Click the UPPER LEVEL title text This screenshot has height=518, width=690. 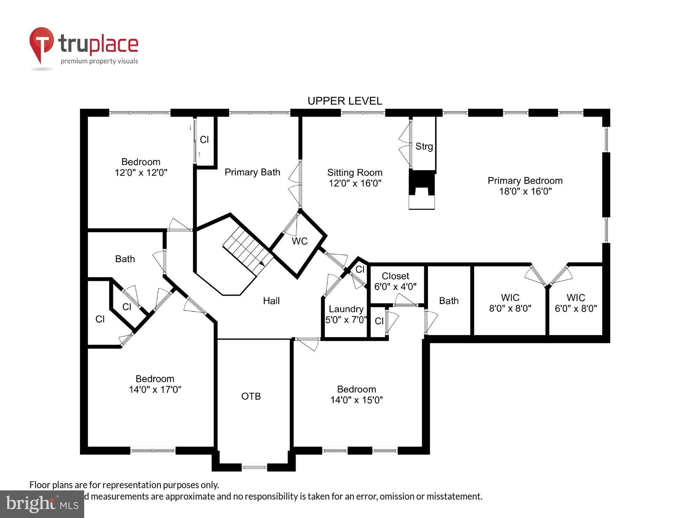(x=345, y=101)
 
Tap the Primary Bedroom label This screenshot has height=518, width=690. (x=525, y=181)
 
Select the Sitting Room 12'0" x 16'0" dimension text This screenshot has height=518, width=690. (x=355, y=183)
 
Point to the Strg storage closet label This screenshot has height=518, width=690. (x=424, y=146)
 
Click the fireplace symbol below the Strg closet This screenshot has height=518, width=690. (x=422, y=190)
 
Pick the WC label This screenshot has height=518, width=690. (x=299, y=241)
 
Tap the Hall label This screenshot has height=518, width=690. (x=271, y=301)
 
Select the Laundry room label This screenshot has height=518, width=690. (x=346, y=309)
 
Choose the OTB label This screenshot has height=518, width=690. (x=251, y=396)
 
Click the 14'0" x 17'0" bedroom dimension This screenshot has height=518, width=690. (x=155, y=390)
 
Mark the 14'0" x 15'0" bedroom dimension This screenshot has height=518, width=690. (x=356, y=400)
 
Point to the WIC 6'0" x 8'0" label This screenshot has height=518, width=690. (x=575, y=303)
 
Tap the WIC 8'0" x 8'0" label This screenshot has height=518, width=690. (x=510, y=303)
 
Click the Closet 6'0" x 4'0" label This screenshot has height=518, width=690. (x=395, y=281)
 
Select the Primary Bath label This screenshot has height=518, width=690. (x=252, y=172)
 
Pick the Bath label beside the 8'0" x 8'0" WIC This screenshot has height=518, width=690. (x=448, y=301)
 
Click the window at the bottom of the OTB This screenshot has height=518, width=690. (x=254, y=468)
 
